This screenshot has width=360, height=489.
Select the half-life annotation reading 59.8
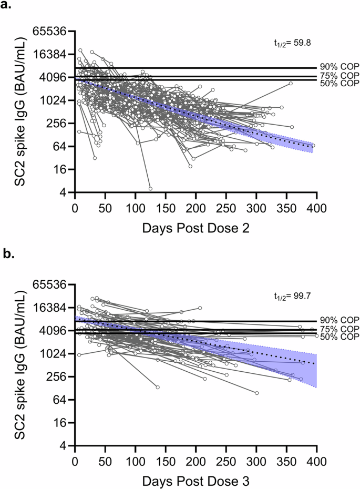[x=285, y=39]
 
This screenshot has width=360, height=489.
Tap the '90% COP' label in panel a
[x=339, y=67]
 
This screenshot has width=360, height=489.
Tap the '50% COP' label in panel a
[x=339, y=84]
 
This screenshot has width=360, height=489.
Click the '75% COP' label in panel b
[x=339, y=329]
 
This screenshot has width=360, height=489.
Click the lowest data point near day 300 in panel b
[x=257, y=393]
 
